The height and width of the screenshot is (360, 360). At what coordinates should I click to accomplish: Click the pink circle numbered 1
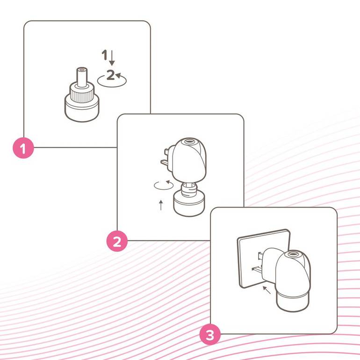(23, 148)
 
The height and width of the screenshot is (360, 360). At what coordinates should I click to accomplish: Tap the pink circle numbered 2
(117, 241)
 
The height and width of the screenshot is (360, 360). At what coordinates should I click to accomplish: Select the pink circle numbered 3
(210, 334)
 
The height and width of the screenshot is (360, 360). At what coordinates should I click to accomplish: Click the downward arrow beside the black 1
(112, 58)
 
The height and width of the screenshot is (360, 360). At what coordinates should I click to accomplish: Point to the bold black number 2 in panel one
(110, 75)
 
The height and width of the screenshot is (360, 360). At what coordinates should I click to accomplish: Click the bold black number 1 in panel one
(104, 55)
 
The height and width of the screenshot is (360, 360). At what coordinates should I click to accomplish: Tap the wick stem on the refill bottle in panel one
(82, 77)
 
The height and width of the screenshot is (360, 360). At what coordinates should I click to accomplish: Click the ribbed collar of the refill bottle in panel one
(82, 94)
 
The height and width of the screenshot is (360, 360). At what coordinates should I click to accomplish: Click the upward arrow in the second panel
(161, 205)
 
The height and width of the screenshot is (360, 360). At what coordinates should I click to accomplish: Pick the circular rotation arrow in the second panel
(164, 185)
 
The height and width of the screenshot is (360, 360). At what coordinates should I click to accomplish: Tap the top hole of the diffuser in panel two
(189, 141)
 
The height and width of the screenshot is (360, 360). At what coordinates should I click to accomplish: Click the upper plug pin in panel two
(167, 152)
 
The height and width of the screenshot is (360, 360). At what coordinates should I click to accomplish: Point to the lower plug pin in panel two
(165, 163)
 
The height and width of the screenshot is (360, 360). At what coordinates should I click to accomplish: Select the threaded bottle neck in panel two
(189, 189)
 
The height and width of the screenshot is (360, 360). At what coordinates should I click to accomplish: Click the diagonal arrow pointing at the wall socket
(267, 290)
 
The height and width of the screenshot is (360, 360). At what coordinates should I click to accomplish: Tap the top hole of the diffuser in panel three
(293, 254)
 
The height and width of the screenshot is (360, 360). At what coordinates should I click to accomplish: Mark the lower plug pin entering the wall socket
(257, 268)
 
